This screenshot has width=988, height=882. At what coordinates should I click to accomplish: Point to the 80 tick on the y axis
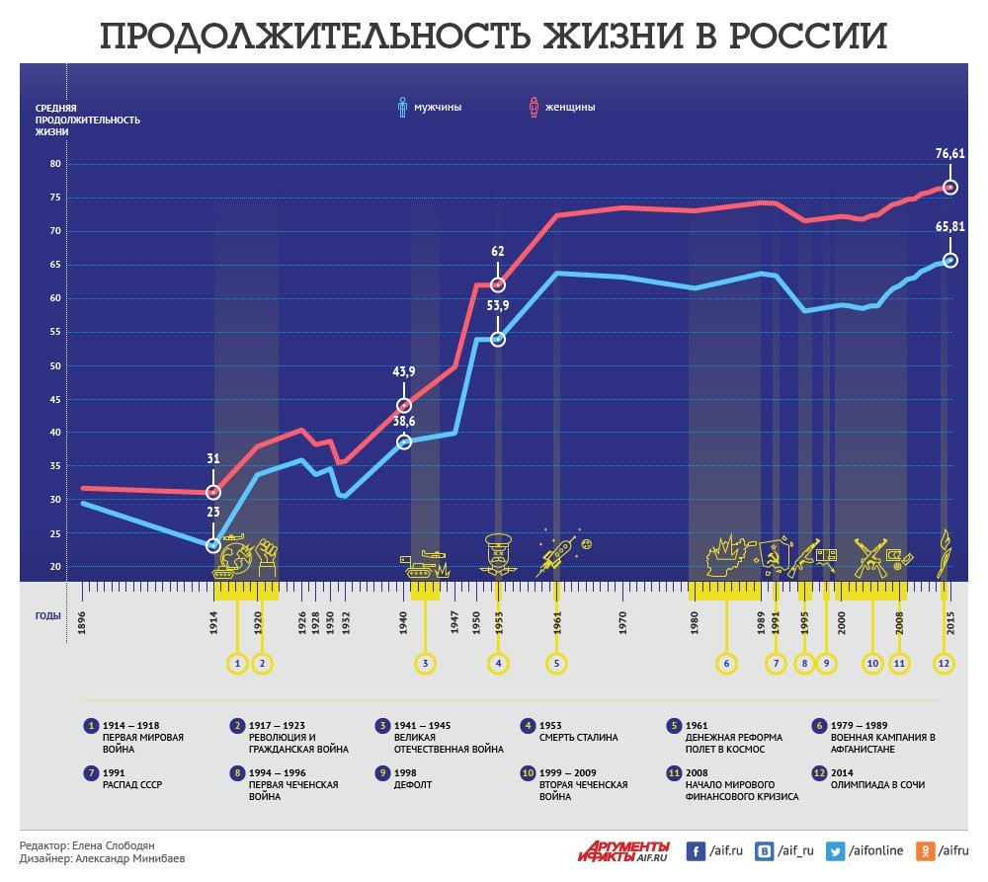point(54,165)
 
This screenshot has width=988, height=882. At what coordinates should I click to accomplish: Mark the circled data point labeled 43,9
point(404,405)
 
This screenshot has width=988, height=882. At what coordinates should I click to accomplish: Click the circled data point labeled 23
point(213,545)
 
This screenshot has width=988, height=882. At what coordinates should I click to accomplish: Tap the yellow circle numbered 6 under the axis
point(726,663)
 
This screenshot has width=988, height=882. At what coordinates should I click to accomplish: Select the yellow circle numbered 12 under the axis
point(945,663)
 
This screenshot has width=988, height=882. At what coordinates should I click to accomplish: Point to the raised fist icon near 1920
point(266,557)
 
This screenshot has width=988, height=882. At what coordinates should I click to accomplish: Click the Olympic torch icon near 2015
point(945,553)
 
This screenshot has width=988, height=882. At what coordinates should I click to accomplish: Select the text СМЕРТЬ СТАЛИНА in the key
point(579,737)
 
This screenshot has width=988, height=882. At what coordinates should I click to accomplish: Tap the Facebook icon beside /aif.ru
point(696,850)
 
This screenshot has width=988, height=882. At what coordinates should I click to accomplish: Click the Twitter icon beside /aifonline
point(835,850)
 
